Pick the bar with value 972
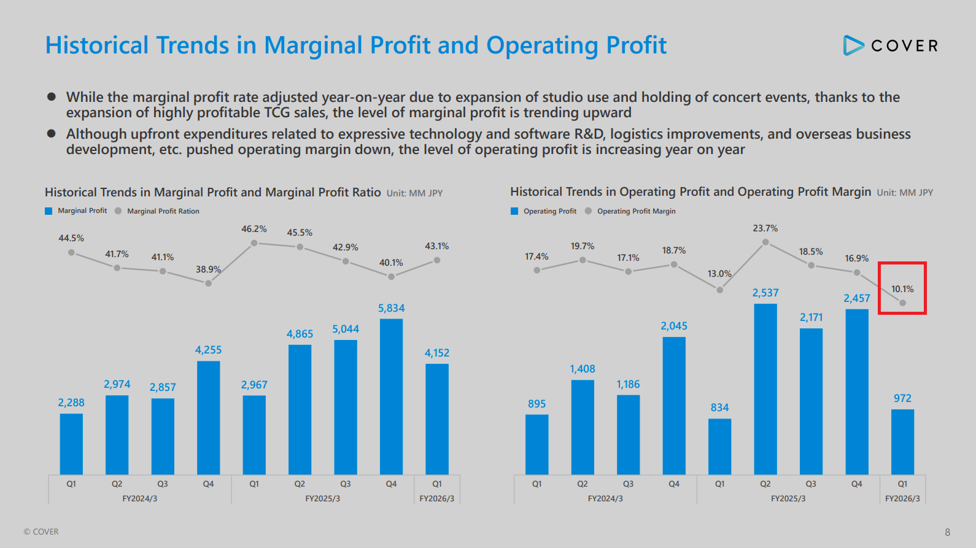(902, 441)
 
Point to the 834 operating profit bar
(719, 446)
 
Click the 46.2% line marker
(254, 244)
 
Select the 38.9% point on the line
(209, 283)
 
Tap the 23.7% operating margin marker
(765, 242)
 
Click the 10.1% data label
(902, 289)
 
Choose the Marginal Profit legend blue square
(48, 211)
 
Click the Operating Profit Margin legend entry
(636, 211)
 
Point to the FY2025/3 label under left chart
(323, 499)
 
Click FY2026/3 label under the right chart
(902, 499)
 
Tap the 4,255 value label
(208, 350)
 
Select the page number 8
(947, 532)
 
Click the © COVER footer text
(41, 532)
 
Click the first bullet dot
(52, 97)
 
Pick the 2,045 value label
(673, 326)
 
